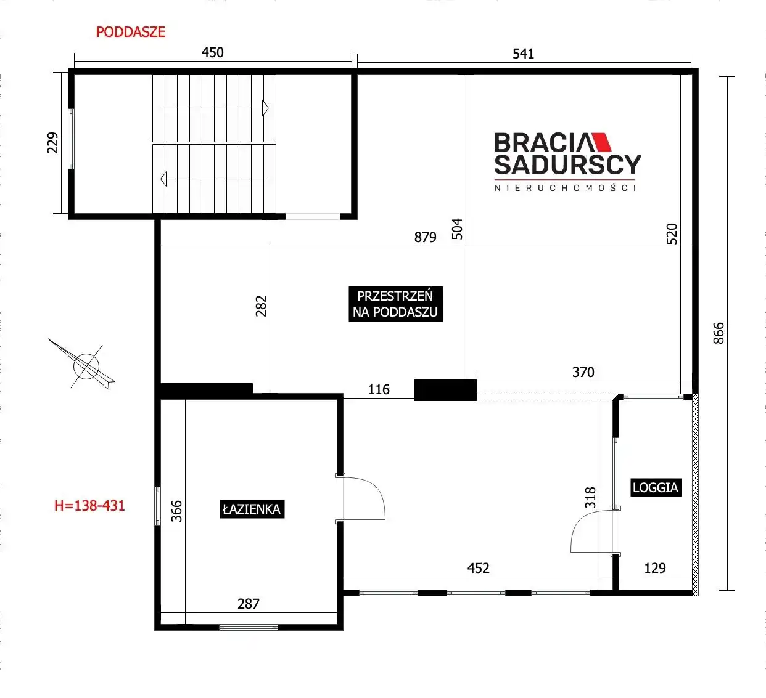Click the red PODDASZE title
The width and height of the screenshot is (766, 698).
pyautogui.click(x=131, y=32)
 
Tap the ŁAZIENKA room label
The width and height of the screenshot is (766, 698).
pyautogui.click(x=252, y=509)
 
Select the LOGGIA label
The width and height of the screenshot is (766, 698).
pyautogui.click(x=656, y=487)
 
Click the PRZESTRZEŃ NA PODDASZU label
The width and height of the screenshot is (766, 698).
pyautogui.click(x=395, y=304)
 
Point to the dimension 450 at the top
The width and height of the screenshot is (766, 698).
pyautogui.click(x=213, y=52)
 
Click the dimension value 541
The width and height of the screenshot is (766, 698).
pyautogui.click(x=523, y=54)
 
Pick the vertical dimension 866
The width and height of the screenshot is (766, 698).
pyautogui.click(x=719, y=333)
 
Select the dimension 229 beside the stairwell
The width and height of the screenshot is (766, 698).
pyautogui.click(x=52, y=143)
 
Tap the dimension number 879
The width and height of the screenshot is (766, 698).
pyautogui.click(x=426, y=237)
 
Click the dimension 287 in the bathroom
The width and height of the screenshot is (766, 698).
pyautogui.click(x=249, y=604)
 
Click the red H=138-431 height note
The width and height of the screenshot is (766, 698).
pyautogui.click(x=89, y=506)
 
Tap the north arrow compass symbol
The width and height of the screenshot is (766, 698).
pyautogui.click(x=86, y=366)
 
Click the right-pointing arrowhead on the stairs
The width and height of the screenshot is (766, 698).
pyautogui.click(x=265, y=108)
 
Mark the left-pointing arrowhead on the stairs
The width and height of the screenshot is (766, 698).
pyautogui.click(x=163, y=179)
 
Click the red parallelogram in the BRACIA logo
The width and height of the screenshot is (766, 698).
pyautogui.click(x=600, y=142)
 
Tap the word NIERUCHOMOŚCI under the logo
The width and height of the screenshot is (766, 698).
pyautogui.click(x=566, y=188)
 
